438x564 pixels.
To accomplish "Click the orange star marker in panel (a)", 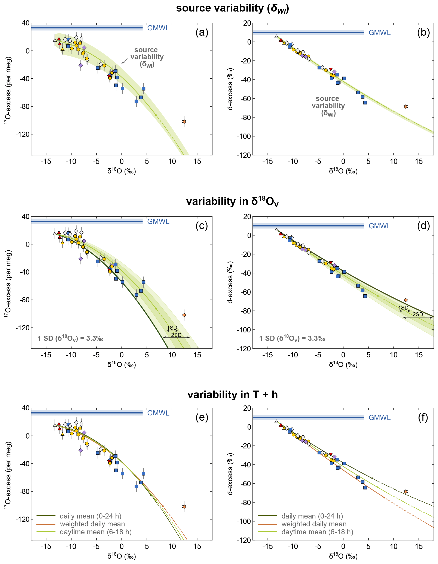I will pos(184,121).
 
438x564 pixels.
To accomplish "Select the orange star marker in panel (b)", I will pos(405,106).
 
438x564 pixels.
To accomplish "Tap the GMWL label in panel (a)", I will pos(158,28).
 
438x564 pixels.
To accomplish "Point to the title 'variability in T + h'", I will pos(232,395).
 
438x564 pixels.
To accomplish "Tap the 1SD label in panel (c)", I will pos(172,328).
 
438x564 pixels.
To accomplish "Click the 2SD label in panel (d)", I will pos(417,314).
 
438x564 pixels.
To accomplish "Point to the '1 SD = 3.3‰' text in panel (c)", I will pos(71,338).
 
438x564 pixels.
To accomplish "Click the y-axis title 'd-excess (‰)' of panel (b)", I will pos(230,89).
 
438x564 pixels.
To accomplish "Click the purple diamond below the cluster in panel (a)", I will pos(81,65).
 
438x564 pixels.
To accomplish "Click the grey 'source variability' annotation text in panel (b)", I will pos(328,106).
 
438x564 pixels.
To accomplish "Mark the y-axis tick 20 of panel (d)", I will pos(247,216).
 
